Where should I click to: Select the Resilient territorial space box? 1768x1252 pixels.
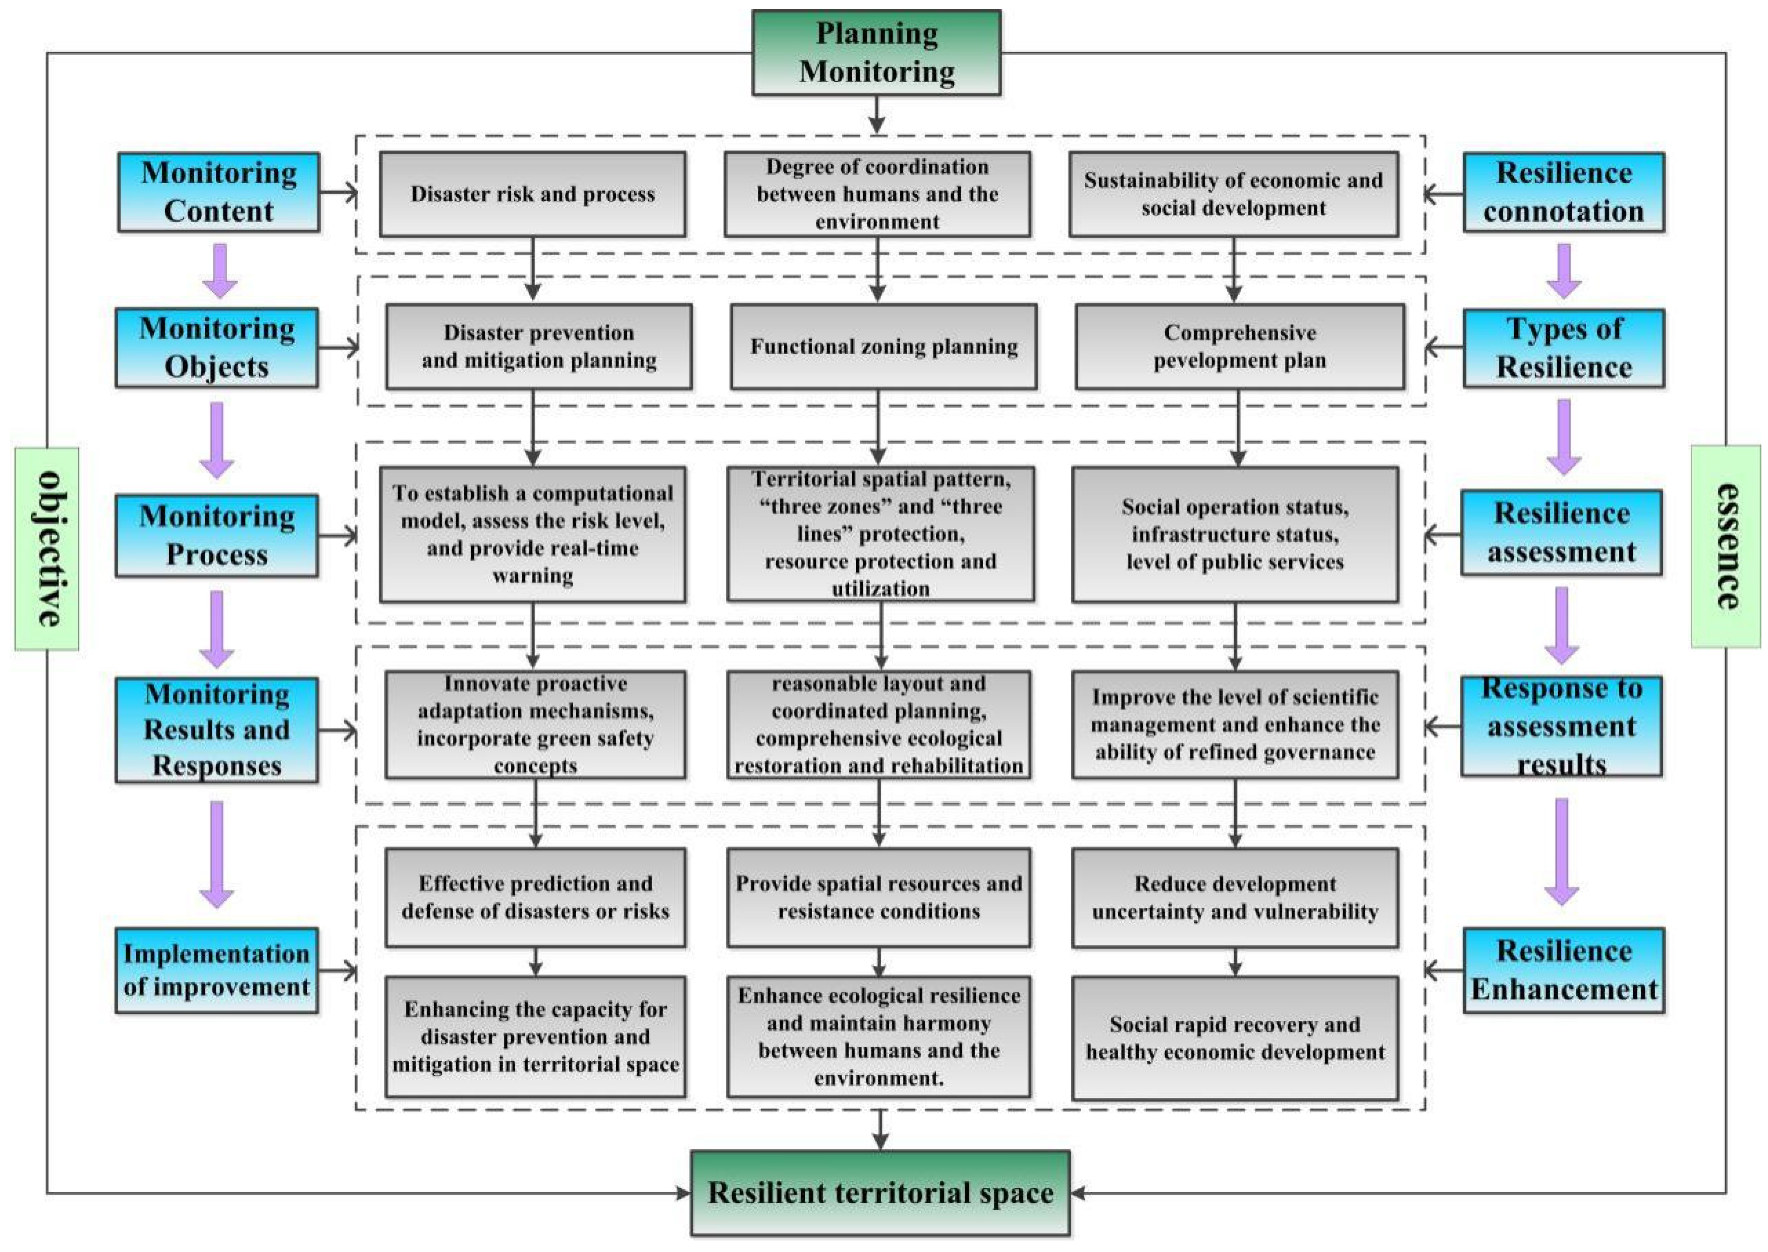[x=880, y=1193]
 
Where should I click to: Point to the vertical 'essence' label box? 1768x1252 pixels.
[x=1726, y=546]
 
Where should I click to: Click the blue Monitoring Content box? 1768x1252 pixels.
[x=219, y=192]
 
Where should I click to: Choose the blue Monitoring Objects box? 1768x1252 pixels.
[x=217, y=348]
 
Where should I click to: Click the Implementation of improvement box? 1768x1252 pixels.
[x=217, y=970]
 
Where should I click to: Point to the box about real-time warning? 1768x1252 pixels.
[x=533, y=534]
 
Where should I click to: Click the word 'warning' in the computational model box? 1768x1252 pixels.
[x=533, y=576]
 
